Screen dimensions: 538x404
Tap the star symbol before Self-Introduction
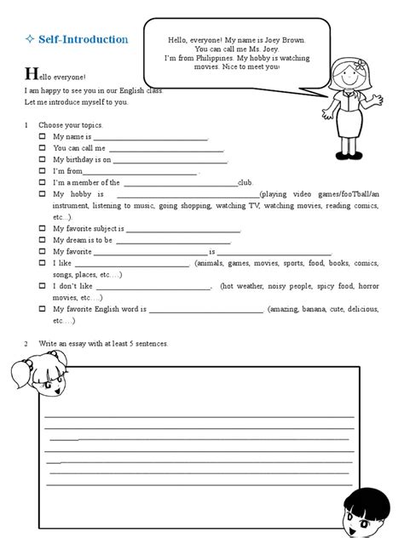30,40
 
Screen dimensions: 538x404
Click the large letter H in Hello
31,75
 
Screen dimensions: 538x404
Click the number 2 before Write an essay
26,343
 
